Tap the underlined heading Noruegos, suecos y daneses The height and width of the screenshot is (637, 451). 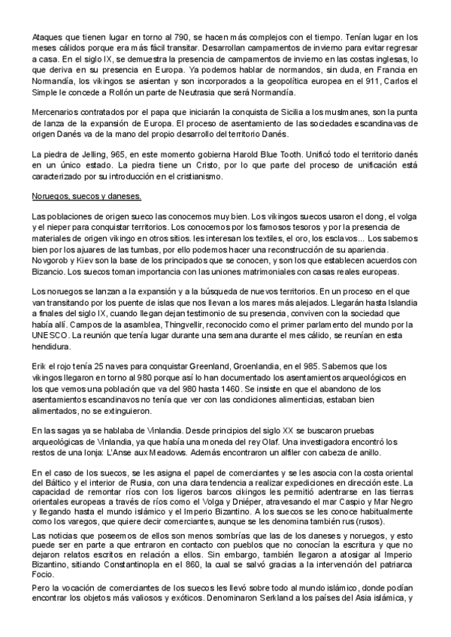point(87,198)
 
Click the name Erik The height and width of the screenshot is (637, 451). point(41,364)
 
